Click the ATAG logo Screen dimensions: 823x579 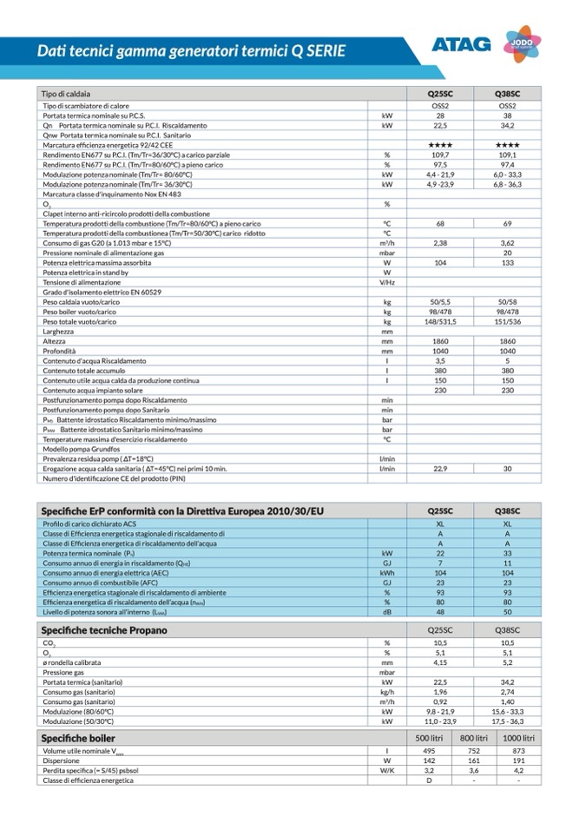tap(461, 44)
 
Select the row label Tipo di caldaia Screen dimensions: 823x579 tap(67, 93)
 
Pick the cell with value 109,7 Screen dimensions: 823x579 tap(440, 155)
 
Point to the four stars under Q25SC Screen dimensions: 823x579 tap(440, 145)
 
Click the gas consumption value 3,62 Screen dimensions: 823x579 tap(508, 243)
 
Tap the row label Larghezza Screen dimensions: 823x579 tap(58, 331)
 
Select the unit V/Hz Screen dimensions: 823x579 tap(387, 282)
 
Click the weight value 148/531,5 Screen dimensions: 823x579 tap(440, 321)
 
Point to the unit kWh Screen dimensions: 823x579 tap(387, 573)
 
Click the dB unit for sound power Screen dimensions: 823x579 tap(387, 612)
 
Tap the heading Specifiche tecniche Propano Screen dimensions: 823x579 tap(104, 629)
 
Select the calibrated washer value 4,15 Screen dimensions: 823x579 tap(440, 662)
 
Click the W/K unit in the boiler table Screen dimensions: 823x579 tap(387, 770)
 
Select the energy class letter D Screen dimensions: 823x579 tap(428, 780)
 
